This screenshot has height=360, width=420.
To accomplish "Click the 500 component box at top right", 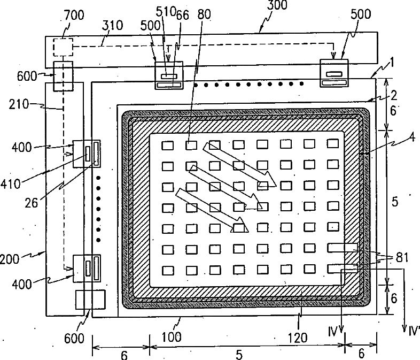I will point(333,72).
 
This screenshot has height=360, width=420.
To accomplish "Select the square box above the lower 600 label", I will point(90,300).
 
